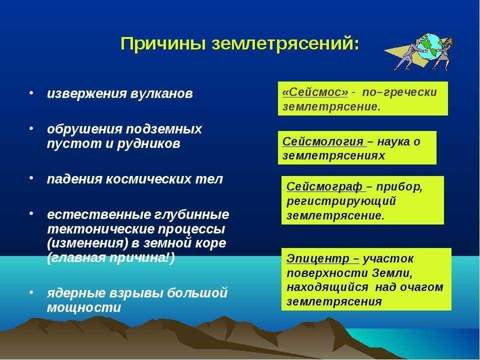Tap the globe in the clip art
[429, 47]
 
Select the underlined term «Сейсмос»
[315, 92]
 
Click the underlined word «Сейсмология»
[322, 141]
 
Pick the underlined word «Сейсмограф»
[324, 186]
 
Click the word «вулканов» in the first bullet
[161, 93]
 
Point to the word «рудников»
[148, 143]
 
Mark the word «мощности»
[84, 307]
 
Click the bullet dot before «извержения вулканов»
[31, 92]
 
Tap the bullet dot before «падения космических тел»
[31, 178]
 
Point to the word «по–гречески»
[399, 92]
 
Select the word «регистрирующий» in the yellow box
[341, 201]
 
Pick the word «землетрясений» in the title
[285, 43]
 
